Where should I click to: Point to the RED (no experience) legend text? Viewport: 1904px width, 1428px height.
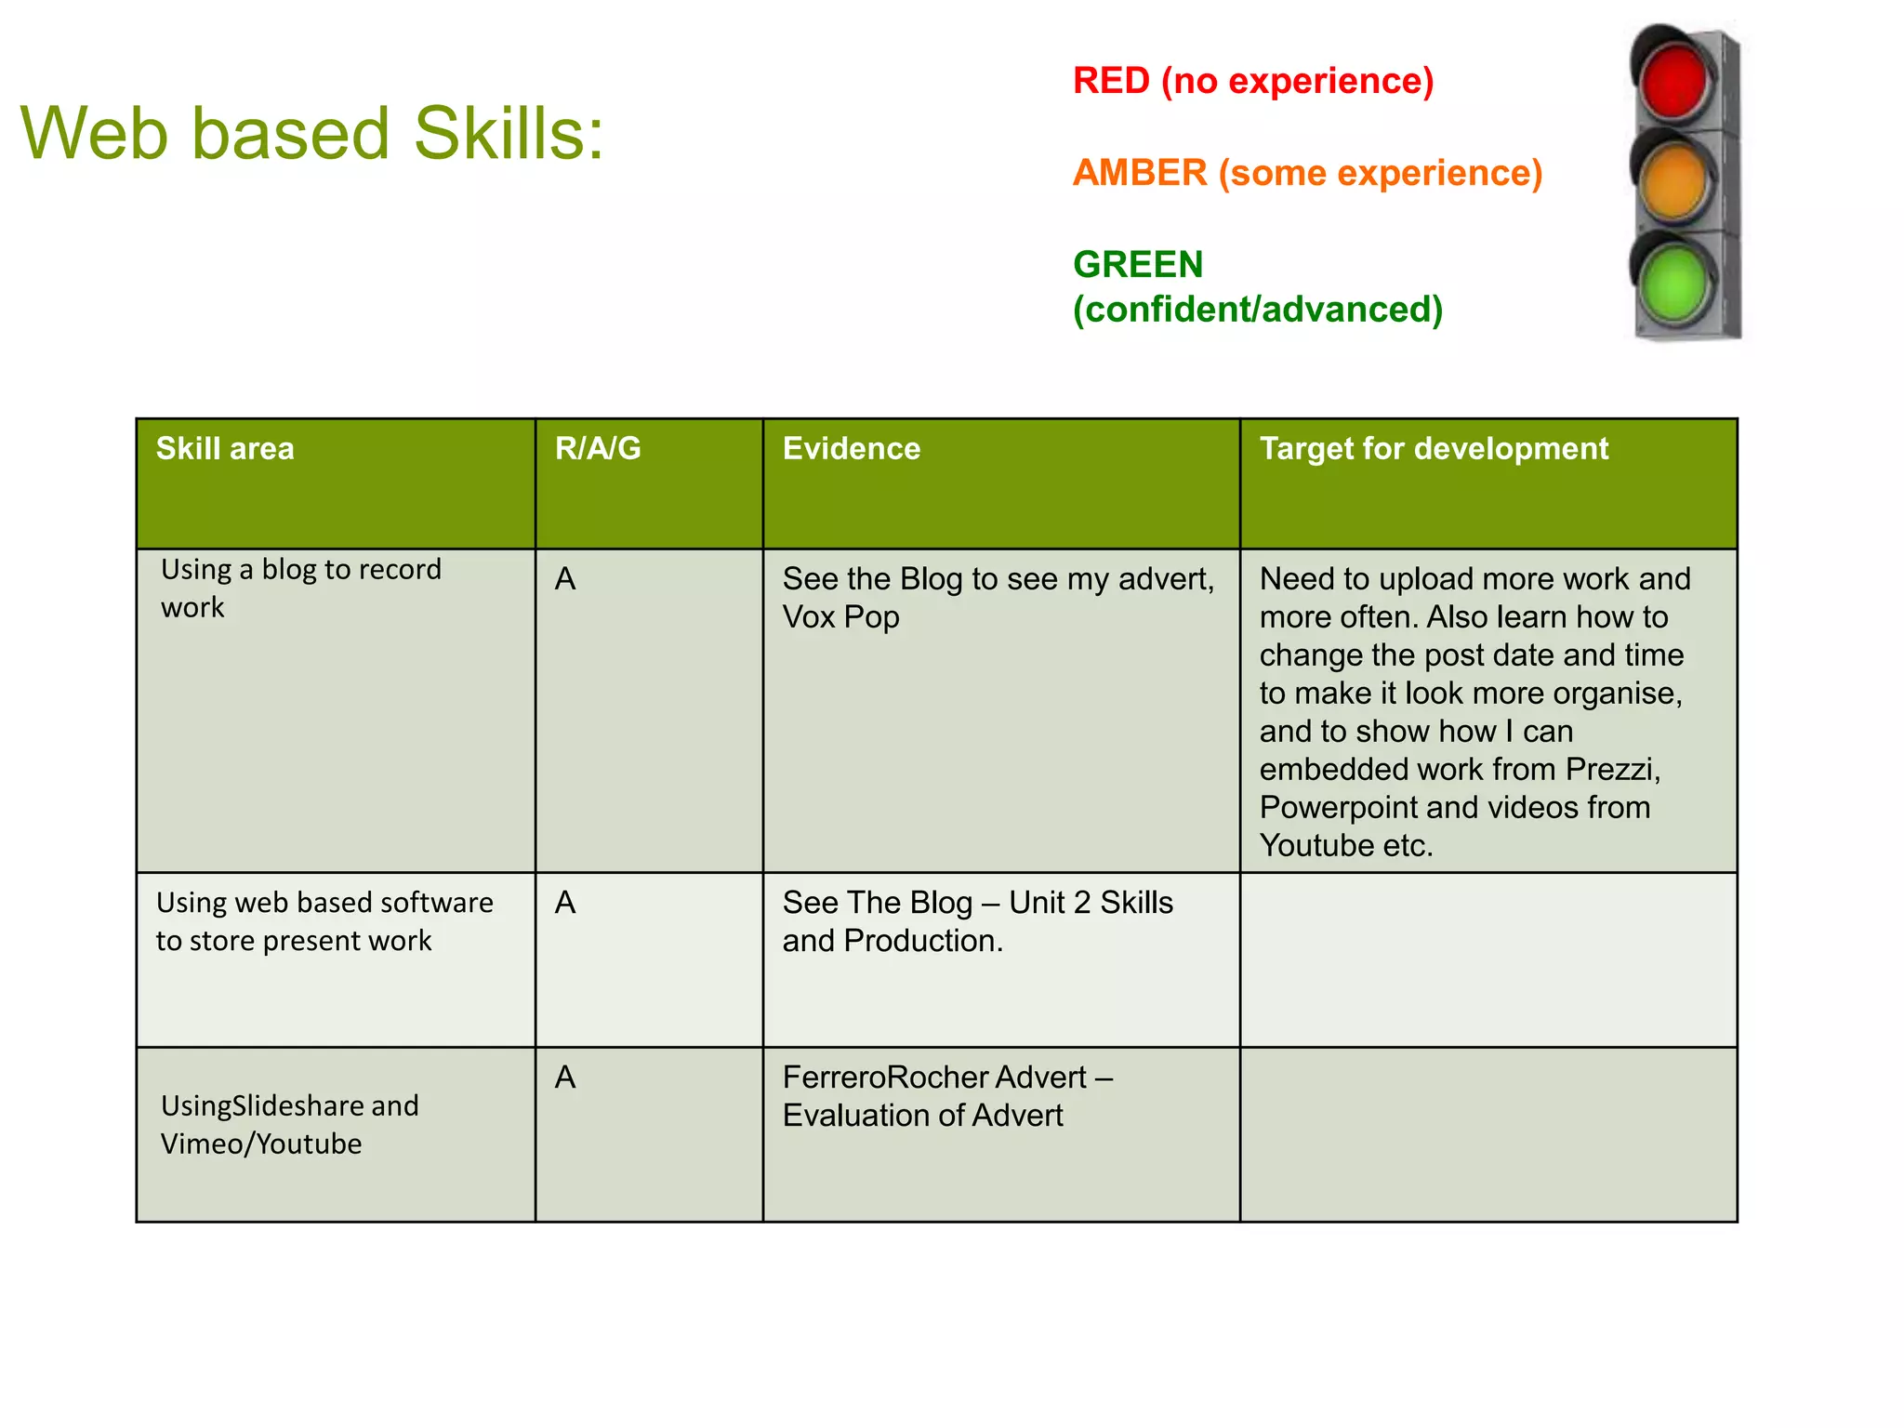[1252, 81]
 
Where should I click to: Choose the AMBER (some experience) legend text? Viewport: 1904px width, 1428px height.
[1306, 173]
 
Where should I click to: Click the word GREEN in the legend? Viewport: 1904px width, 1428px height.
[1137, 265]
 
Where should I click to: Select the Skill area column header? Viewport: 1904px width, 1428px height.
[225, 449]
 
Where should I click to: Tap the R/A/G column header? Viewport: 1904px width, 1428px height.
[598, 449]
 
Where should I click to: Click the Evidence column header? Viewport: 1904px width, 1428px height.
[851, 449]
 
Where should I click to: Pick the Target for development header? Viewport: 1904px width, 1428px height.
[1433, 449]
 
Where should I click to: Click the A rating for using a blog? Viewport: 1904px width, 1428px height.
[565, 579]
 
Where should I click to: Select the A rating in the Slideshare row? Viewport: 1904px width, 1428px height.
[565, 1078]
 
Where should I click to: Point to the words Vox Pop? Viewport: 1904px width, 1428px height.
[840, 617]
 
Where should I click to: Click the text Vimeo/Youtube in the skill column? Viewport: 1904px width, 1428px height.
[261, 1144]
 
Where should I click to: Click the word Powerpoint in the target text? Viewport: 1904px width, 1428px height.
[1338, 808]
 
